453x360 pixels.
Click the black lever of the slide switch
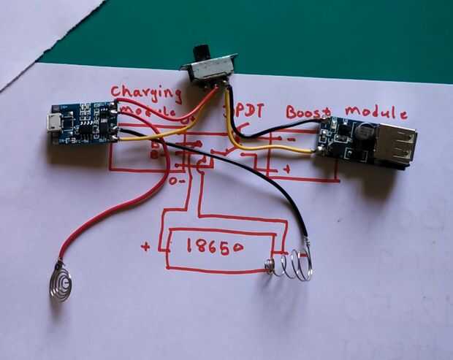click(x=197, y=54)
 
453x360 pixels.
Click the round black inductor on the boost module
click(x=363, y=133)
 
